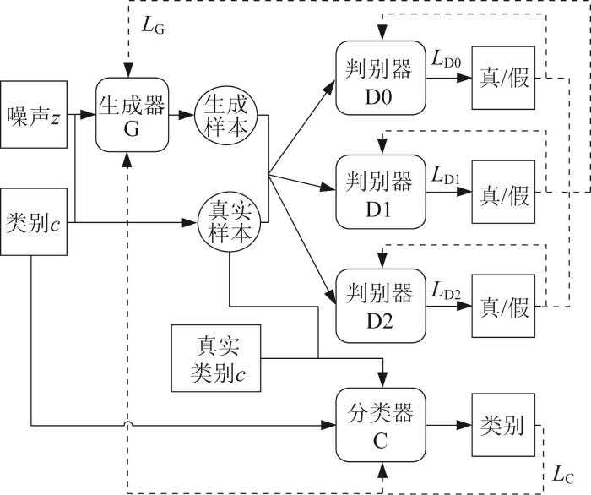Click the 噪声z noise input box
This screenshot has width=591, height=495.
click(34, 114)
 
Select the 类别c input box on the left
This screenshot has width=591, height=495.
click(34, 222)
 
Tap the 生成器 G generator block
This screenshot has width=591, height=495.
click(132, 115)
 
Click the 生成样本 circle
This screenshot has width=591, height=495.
click(226, 116)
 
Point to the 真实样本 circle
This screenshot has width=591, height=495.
click(230, 222)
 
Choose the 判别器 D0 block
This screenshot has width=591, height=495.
click(381, 78)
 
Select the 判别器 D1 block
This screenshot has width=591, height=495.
click(381, 192)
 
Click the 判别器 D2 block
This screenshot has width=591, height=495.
click(381, 306)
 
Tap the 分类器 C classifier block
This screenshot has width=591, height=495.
click(381, 425)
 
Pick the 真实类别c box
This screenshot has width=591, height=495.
click(216, 358)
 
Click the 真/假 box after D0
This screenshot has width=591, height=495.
click(503, 78)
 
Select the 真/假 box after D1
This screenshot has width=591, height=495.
click(503, 192)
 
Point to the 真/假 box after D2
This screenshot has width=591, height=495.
click(503, 306)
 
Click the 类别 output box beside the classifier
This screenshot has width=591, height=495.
click(503, 425)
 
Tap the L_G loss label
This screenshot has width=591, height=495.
click(153, 25)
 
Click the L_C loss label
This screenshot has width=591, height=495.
click(563, 475)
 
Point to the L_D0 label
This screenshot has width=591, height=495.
click(447, 59)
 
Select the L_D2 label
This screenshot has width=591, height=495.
click(447, 291)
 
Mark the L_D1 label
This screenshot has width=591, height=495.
click(447, 176)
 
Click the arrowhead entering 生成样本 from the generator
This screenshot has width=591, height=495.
click(187, 115)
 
